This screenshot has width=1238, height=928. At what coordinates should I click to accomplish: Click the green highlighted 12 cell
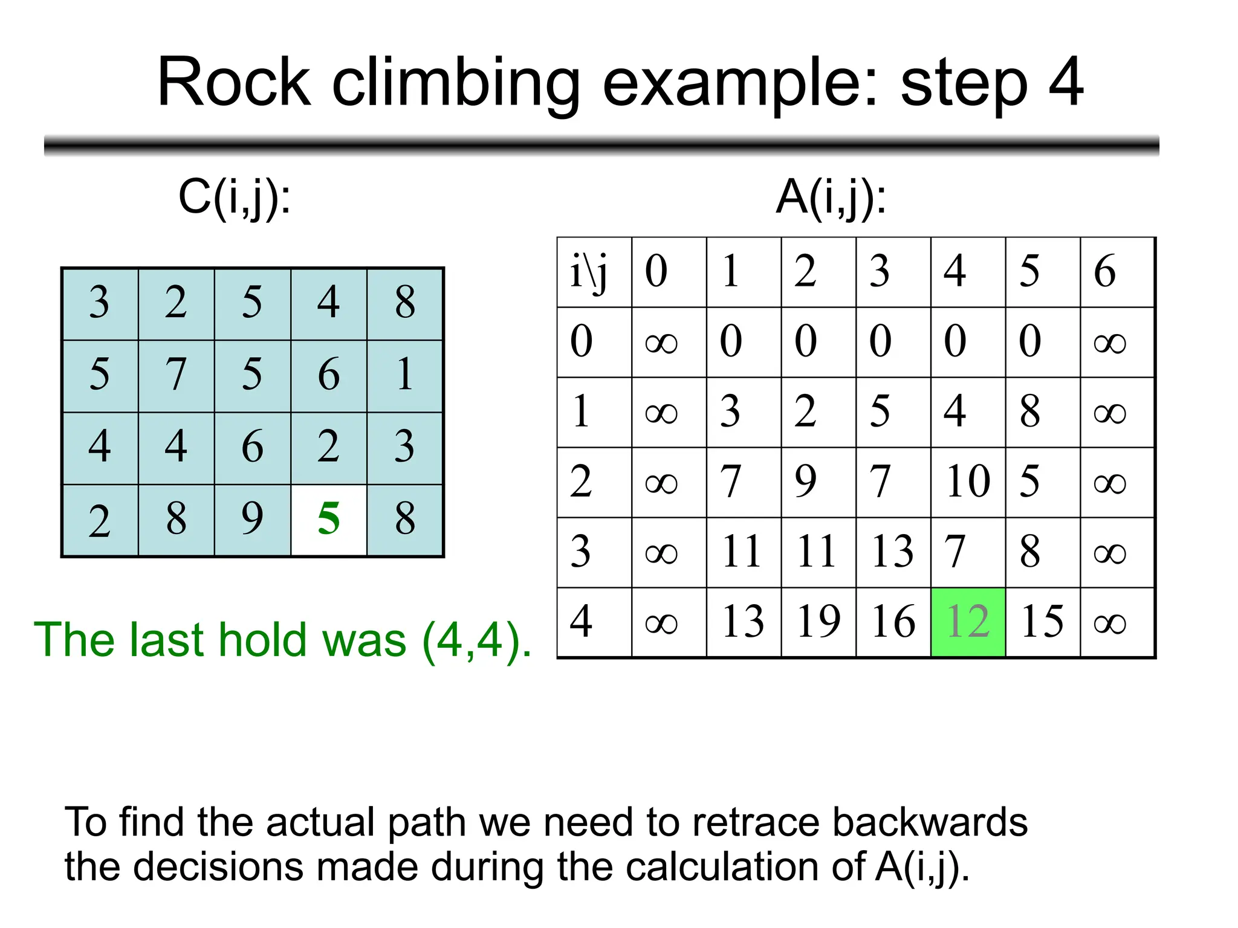click(x=968, y=622)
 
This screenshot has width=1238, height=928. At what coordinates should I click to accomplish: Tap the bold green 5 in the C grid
click(x=328, y=519)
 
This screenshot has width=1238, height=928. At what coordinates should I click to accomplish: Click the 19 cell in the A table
click(x=818, y=622)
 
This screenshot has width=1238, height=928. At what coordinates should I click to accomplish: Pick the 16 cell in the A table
click(x=893, y=622)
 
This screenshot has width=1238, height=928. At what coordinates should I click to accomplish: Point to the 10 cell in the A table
click(x=968, y=482)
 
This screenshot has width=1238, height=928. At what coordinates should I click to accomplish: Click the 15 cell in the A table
click(x=1042, y=622)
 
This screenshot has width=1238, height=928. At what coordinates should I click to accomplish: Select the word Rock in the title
click(x=234, y=83)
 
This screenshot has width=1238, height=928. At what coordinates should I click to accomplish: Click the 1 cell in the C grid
click(x=405, y=375)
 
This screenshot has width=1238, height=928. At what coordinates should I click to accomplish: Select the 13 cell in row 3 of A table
click(x=893, y=552)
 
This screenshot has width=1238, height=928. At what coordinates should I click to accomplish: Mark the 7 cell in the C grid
click(x=176, y=375)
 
